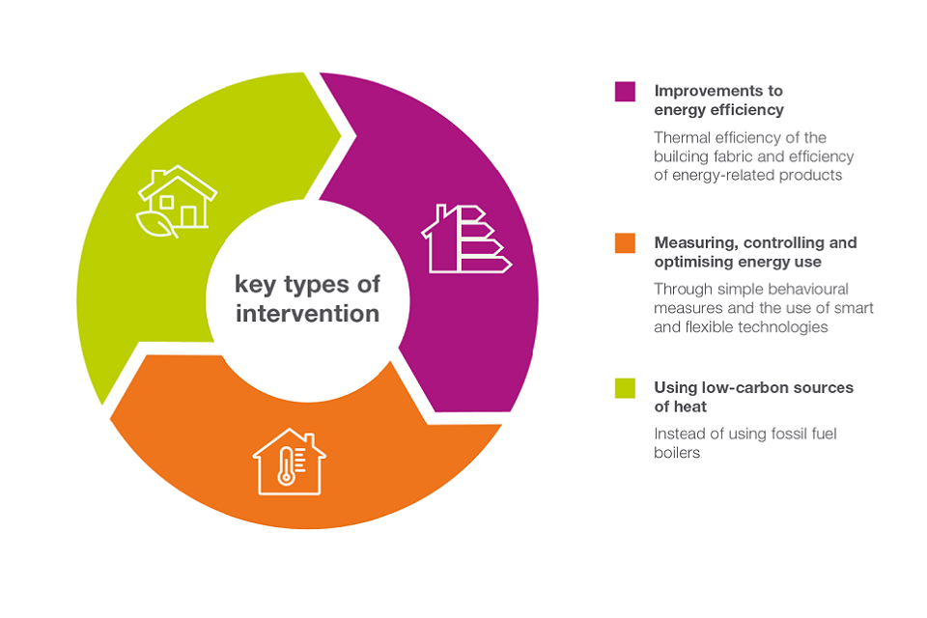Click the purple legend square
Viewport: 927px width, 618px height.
click(625, 92)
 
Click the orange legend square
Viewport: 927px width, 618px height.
click(625, 243)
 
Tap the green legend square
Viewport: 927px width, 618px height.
click(625, 388)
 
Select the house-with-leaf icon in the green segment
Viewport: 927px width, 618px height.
click(177, 202)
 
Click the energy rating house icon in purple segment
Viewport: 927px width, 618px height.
click(466, 239)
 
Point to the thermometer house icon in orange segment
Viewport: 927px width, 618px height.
click(290, 462)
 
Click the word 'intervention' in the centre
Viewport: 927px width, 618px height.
click(307, 314)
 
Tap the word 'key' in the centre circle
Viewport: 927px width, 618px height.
click(255, 285)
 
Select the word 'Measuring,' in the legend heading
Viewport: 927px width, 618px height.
click(696, 243)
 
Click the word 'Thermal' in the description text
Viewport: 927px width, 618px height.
click(682, 138)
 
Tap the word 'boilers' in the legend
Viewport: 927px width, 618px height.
click(677, 453)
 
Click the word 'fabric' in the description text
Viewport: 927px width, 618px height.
click(733, 156)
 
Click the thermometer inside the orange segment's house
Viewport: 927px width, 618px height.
click(286, 466)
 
